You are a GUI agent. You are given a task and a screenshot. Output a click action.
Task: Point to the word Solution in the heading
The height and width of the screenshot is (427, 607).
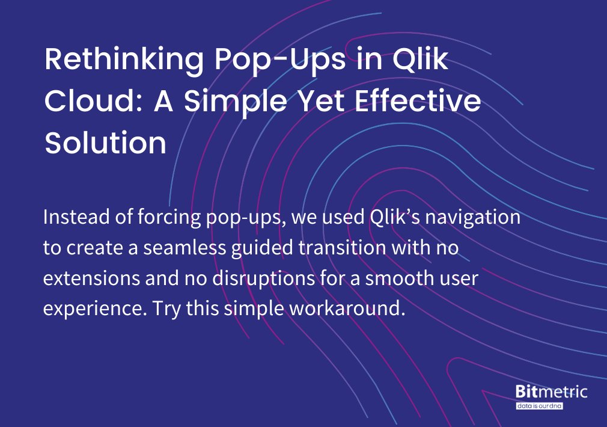[106, 143]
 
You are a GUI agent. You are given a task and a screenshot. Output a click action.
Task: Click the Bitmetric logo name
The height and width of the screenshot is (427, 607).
[551, 392]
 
